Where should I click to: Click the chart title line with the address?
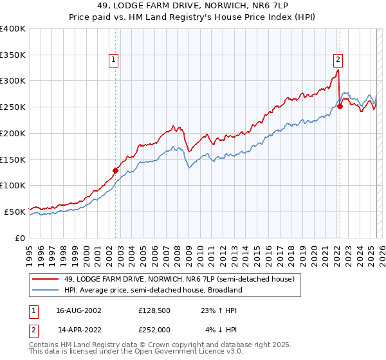(192, 6)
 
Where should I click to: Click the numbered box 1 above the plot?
(114, 60)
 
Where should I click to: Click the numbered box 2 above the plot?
(338, 60)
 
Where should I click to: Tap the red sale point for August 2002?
(115, 170)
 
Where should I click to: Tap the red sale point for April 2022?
(340, 107)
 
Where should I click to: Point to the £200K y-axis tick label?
(13, 133)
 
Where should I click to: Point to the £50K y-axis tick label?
(15, 211)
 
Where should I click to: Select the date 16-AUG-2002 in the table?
(79, 310)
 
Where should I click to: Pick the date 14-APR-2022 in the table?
(79, 329)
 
